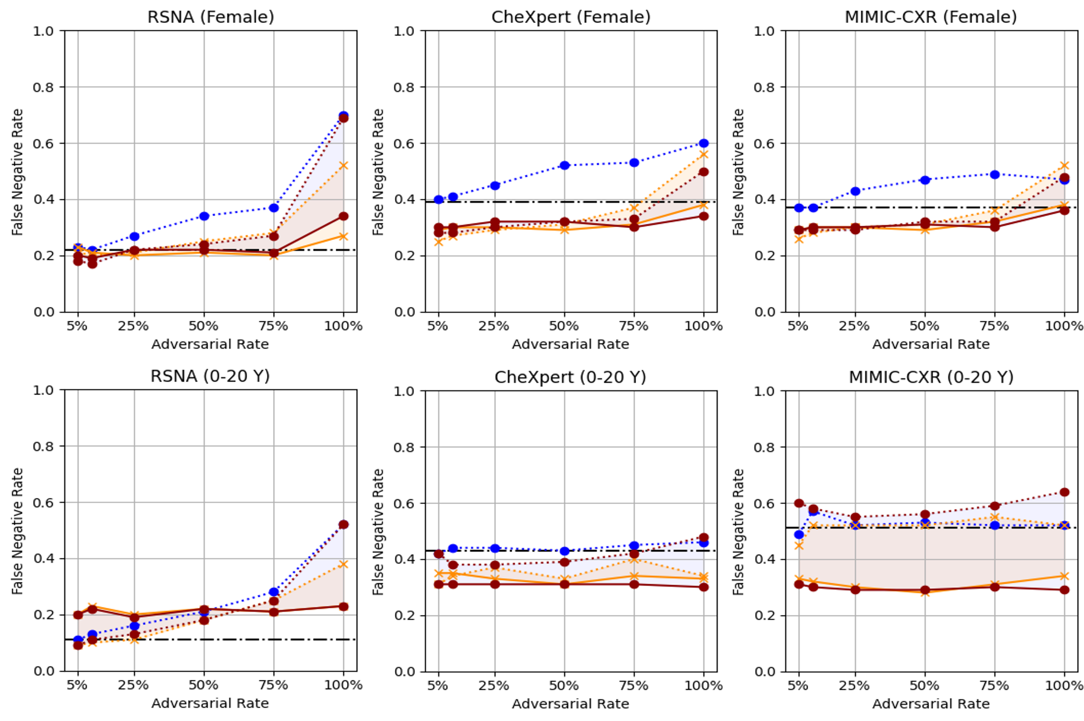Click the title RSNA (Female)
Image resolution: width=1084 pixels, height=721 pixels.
pyautogui.click(x=210, y=17)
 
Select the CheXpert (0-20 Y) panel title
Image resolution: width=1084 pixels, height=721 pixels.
pyautogui.click(x=570, y=377)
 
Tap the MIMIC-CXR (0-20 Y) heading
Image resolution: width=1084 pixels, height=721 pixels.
pyautogui.click(x=931, y=377)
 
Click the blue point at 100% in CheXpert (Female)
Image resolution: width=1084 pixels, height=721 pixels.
pyautogui.click(x=704, y=143)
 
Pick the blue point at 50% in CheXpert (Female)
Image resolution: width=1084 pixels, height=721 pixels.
pyautogui.click(x=564, y=165)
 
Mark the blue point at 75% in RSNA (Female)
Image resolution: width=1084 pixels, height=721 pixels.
pyautogui.click(x=274, y=208)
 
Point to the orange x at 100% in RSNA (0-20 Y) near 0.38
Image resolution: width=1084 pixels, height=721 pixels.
pyautogui.click(x=343, y=564)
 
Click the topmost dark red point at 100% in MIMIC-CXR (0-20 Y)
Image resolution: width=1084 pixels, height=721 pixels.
pyautogui.click(x=1064, y=492)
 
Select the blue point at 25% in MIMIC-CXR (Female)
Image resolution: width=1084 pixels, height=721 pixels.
pyautogui.click(x=855, y=191)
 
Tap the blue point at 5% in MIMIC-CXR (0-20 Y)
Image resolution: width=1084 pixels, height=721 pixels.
pyautogui.click(x=799, y=535)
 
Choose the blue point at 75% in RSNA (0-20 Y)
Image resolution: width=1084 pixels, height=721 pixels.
pyautogui.click(x=274, y=592)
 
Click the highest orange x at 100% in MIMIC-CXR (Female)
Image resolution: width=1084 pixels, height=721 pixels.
pyautogui.click(x=1064, y=166)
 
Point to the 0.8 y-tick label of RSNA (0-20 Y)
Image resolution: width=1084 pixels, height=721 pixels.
pyautogui.click(x=43, y=446)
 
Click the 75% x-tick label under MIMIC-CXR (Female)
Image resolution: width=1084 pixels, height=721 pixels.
pyautogui.click(x=994, y=326)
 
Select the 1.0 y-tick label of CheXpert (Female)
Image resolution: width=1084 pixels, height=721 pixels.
pyautogui.click(x=404, y=31)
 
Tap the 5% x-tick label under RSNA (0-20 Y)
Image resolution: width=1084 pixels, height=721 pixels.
pyautogui.click(x=77, y=685)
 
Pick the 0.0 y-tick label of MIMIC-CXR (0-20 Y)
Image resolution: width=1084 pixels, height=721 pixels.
pyautogui.click(x=764, y=671)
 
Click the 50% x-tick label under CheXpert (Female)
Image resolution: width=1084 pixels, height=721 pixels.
pyautogui.click(x=564, y=326)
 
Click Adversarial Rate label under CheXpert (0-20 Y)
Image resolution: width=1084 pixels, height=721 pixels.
pyautogui.click(x=570, y=704)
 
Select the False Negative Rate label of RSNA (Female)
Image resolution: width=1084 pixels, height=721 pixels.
pyautogui.click(x=18, y=172)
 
